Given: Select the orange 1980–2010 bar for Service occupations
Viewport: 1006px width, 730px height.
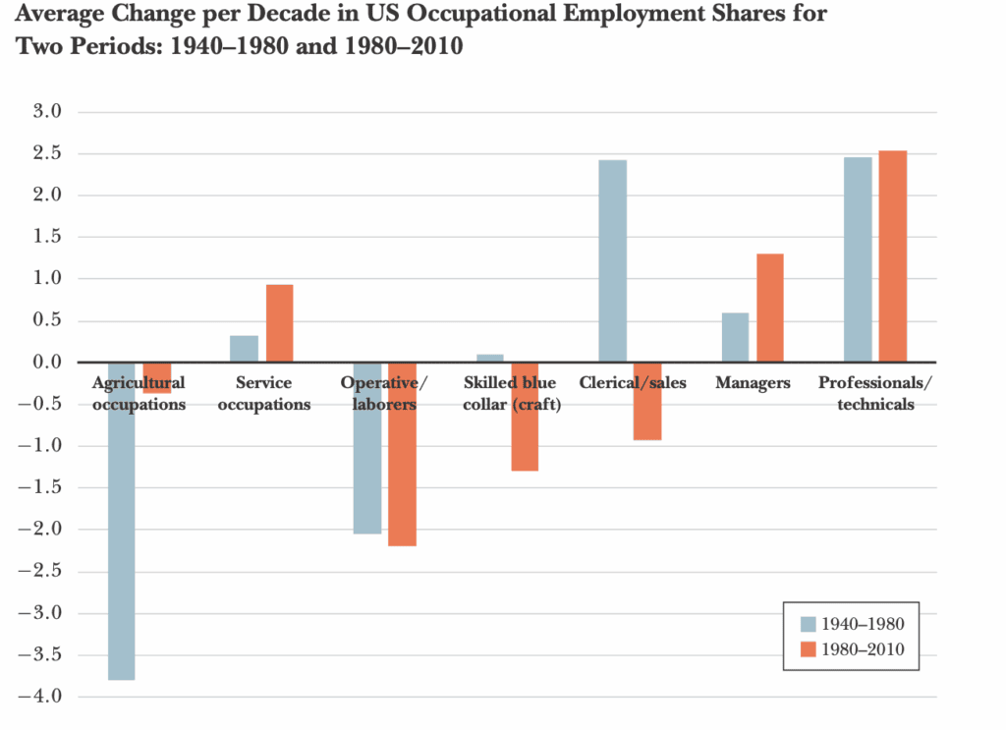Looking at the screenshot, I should coord(279,323).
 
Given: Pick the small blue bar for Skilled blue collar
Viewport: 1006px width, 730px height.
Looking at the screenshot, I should coord(489,358).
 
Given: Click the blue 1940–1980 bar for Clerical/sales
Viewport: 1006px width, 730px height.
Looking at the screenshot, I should coord(612,260).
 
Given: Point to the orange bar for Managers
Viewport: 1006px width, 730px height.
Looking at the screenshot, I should coord(769,308).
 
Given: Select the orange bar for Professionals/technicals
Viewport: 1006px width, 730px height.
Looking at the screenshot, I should coord(893,256).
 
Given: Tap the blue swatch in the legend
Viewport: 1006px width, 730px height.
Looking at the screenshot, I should coord(808,624).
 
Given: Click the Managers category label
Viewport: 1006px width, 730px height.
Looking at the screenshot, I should coord(752,383).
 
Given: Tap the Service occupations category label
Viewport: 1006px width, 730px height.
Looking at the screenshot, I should coord(263,393).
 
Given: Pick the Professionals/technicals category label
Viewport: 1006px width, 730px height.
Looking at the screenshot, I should coord(876,393).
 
